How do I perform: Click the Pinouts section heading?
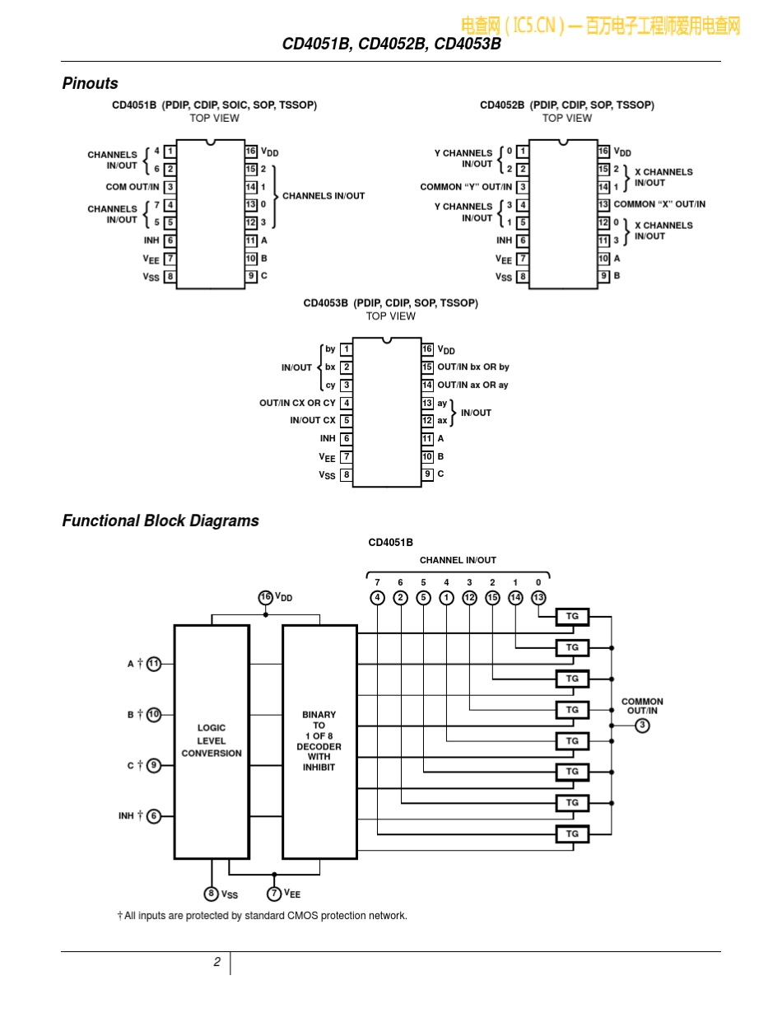(90, 83)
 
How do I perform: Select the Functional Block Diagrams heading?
(161, 521)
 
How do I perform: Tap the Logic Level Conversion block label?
(212, 740)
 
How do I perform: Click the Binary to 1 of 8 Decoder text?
(319, 740)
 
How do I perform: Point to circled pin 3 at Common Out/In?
(642, 726)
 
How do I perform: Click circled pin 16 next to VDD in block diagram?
(266, 597)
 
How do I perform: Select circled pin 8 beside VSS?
(211, 894)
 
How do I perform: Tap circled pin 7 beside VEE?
(274, 894)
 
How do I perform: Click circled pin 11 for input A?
(154, 664)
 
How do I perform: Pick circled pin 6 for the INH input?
(154, 816)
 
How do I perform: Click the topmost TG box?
(572, 616)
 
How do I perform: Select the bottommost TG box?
(572, 834)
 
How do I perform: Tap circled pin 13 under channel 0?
(538, 598)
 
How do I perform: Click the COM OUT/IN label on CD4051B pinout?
(133, 187)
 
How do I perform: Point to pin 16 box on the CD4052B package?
(603, 151)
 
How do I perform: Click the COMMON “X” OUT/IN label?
(659, 204)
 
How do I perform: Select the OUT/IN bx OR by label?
(473, 366)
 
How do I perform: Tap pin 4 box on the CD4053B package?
(346, 403)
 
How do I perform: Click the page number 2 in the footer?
(217, 962)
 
